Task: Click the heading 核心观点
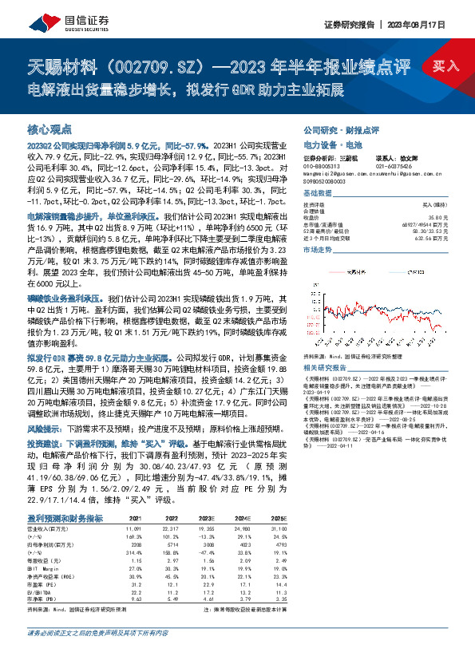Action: [49, 128]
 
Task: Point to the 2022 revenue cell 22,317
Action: [170, 528]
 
